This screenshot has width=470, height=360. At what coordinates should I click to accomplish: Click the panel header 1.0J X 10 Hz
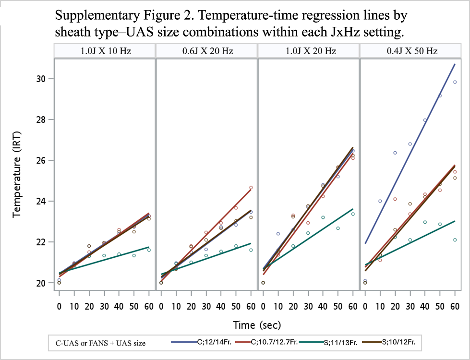106,51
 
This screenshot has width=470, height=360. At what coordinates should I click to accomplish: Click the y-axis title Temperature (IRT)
17,174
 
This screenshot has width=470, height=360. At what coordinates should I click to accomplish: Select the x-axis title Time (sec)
257,325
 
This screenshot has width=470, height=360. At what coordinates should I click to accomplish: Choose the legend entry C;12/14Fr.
215,342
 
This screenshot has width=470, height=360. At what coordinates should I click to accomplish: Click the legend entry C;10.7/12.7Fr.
274,342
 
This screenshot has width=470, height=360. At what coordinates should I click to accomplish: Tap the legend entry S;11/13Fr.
340,342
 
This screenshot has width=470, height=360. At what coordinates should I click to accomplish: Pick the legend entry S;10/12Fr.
398,342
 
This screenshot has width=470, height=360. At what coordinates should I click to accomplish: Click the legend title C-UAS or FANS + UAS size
101,343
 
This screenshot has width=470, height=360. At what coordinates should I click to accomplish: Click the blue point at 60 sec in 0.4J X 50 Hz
455,82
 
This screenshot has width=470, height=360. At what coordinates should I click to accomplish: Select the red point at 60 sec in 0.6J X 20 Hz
251,188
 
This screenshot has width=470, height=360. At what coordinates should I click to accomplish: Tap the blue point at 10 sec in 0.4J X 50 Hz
380,201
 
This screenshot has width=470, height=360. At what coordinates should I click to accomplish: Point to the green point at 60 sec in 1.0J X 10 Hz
149,250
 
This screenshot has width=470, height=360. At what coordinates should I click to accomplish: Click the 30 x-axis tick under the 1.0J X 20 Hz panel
308,306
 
